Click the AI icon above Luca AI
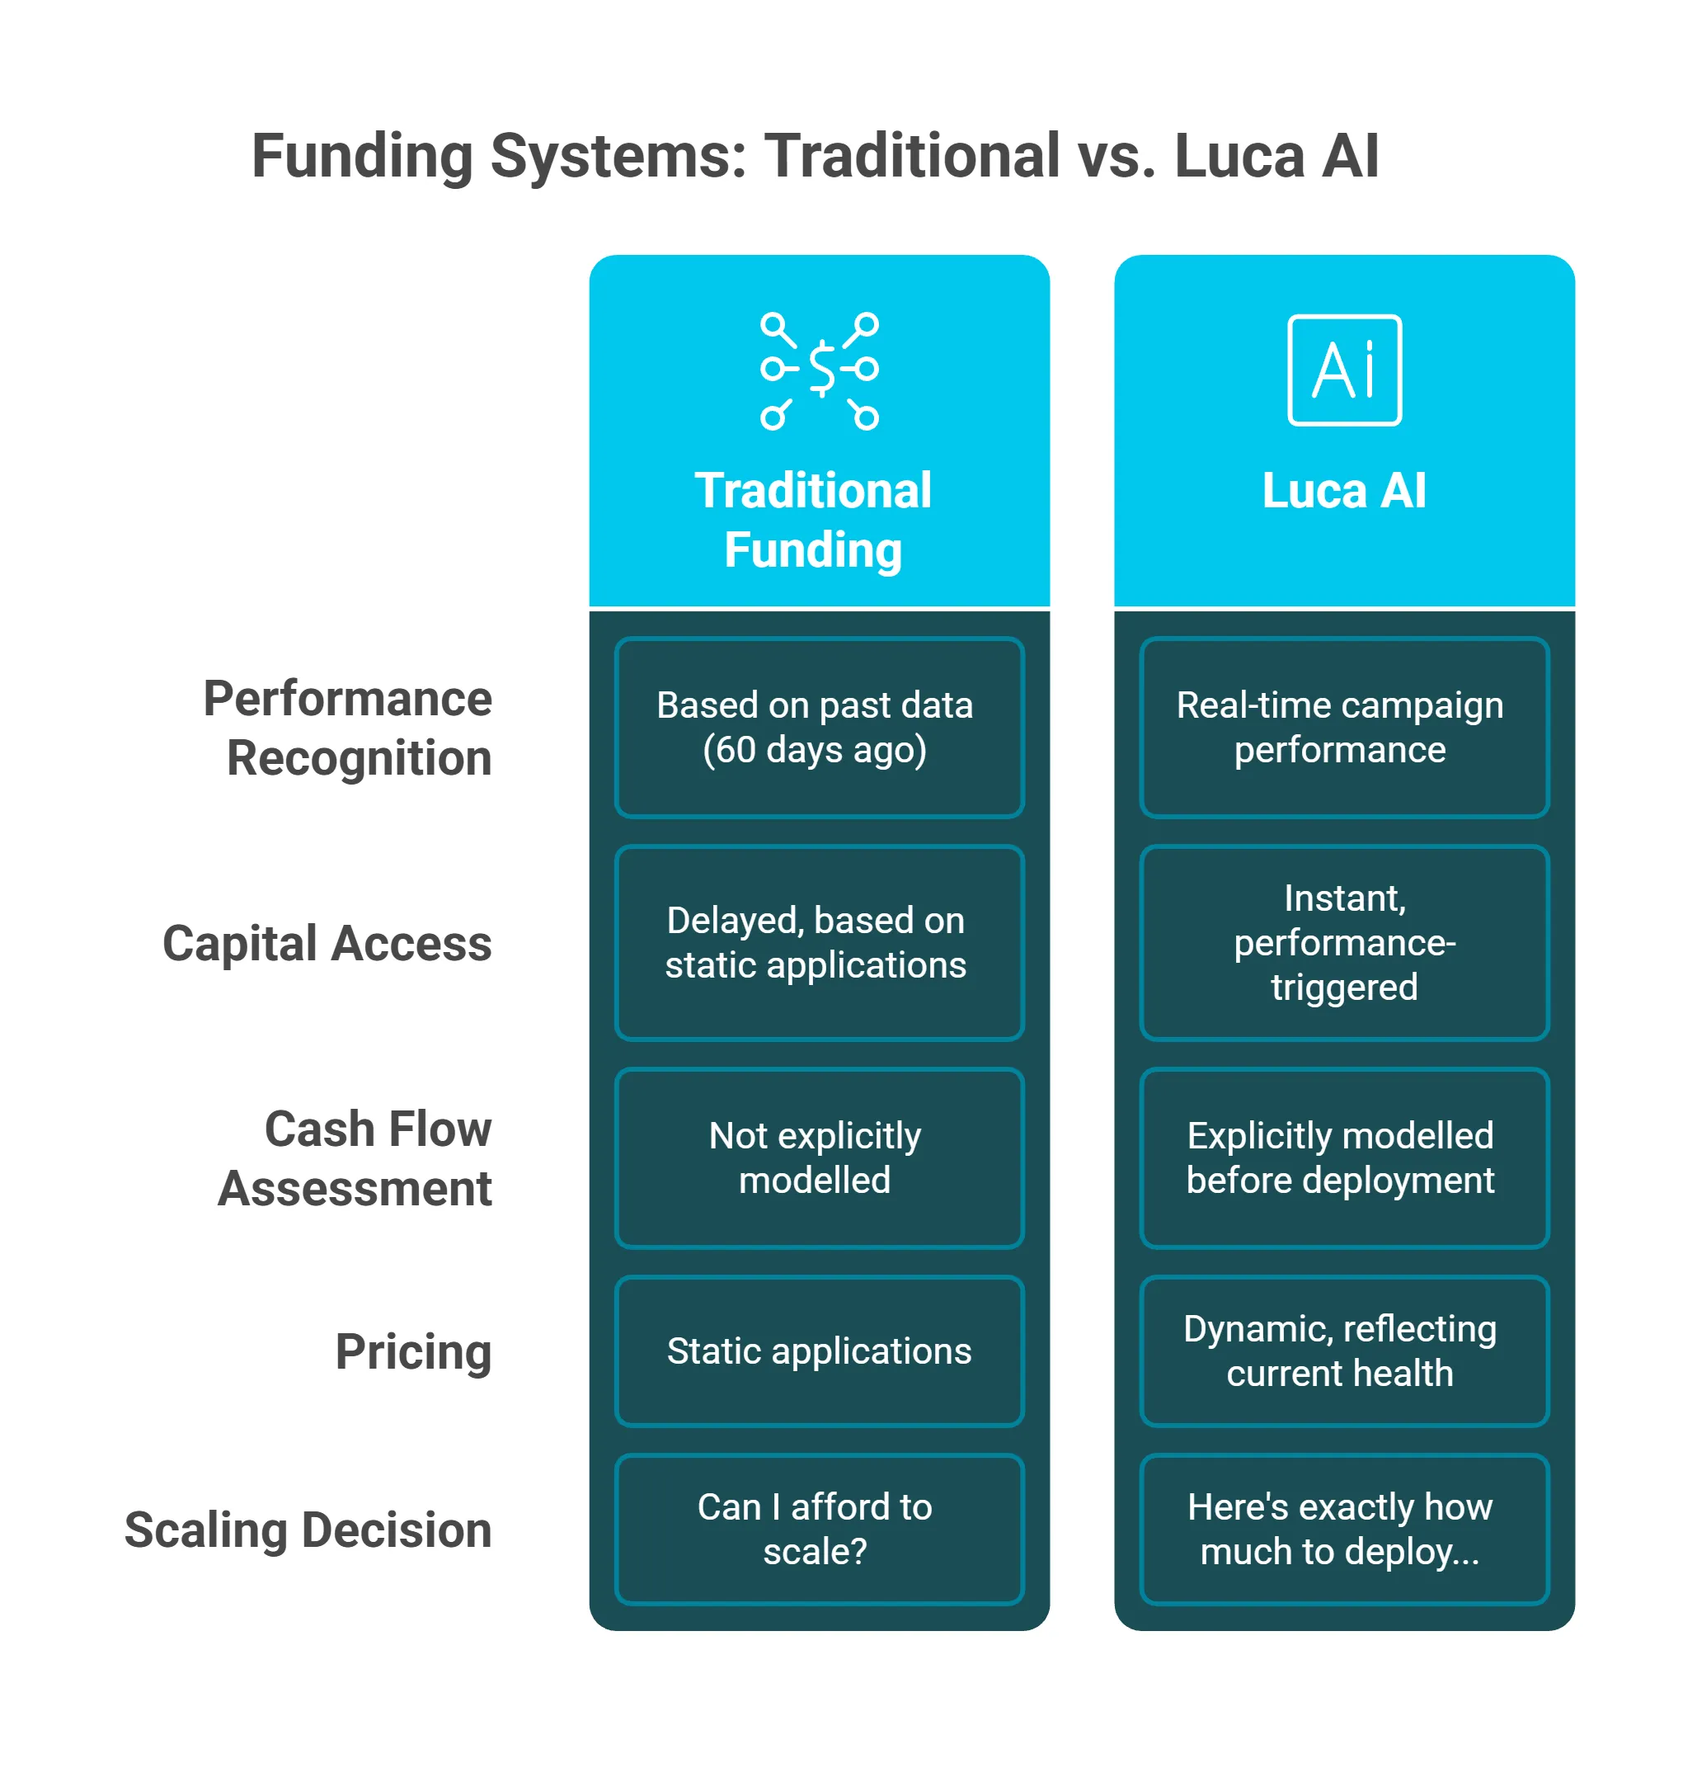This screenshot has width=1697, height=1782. (1344, 370)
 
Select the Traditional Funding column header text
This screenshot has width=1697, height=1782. (813, 520)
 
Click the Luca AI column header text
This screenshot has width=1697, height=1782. (1344, 491)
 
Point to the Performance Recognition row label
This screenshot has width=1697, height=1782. (348, 728)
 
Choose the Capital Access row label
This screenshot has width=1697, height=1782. (327, 943)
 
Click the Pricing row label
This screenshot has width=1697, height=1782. (413, 1351)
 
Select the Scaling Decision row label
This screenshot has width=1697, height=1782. (308, 1530)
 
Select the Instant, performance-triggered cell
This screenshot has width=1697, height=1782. (1344, 942)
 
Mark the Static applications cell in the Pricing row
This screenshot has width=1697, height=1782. (819, 1351)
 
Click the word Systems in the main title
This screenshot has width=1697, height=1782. (618, 157)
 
